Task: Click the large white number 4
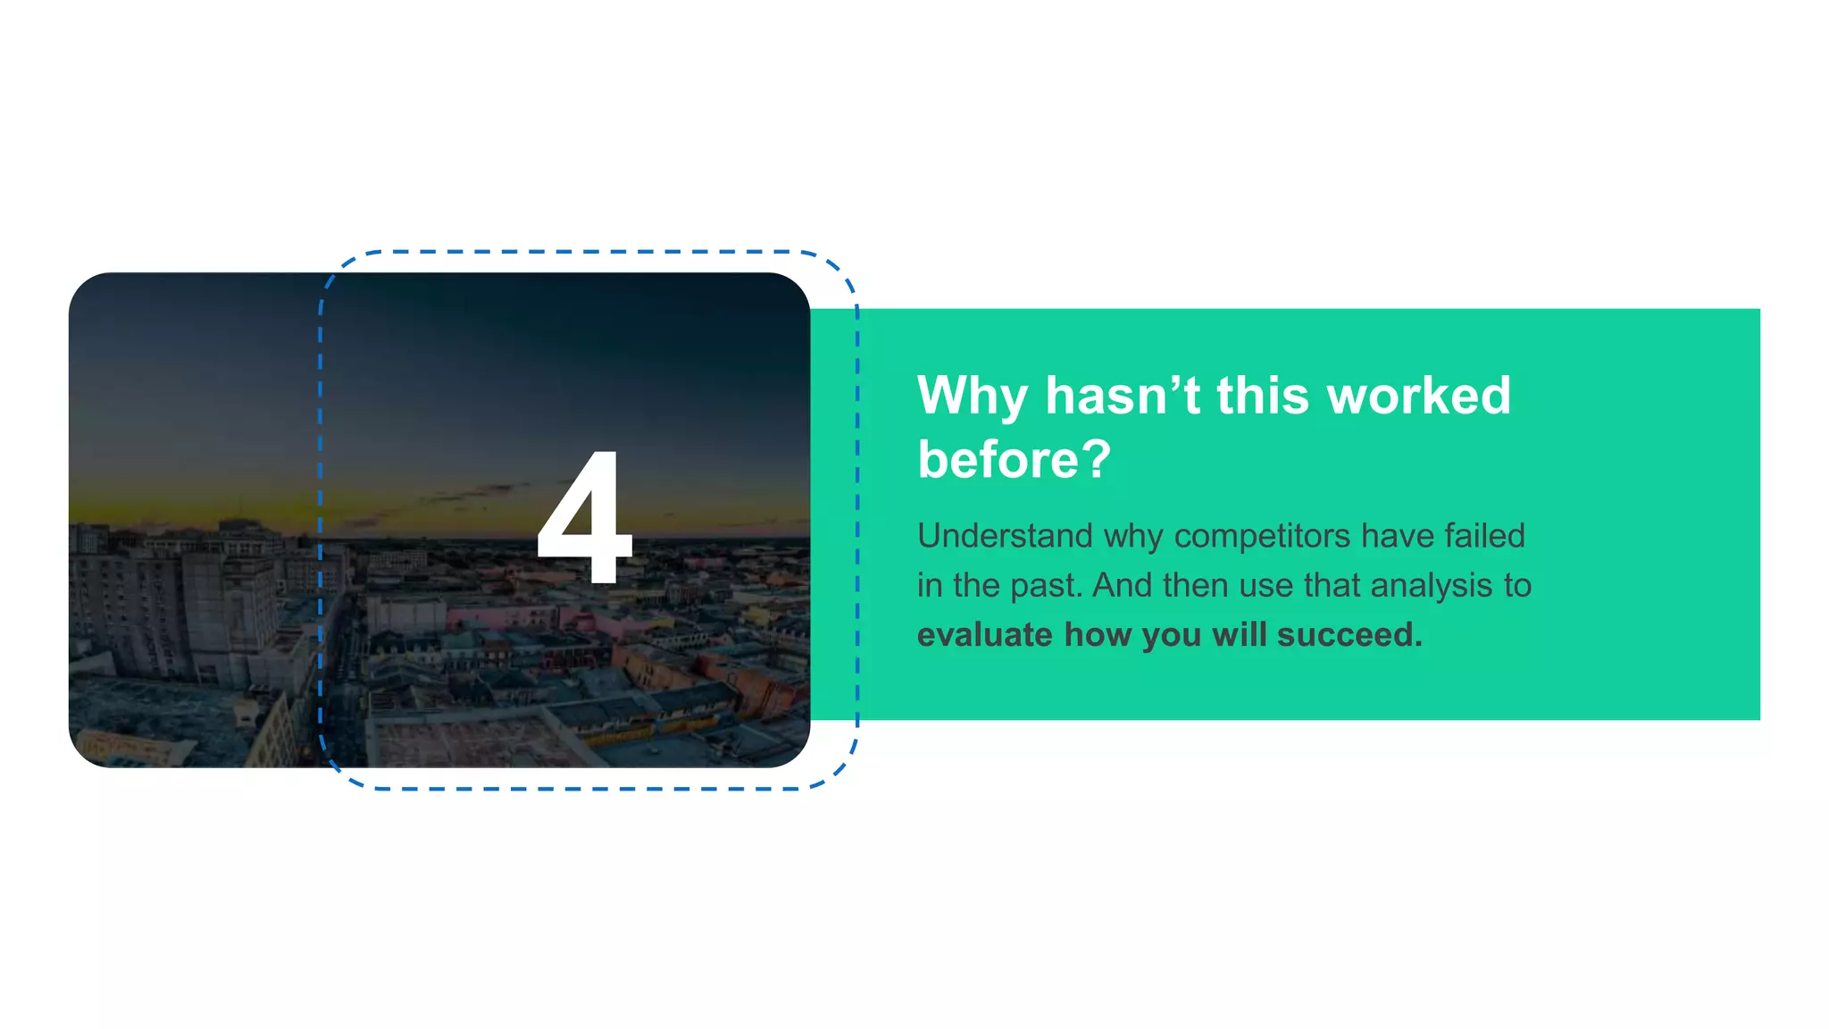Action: pyautogui.click(x=585, y=518)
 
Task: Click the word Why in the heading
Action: pyautogui.click(x=972, y=396)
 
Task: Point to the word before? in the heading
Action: pyautogui.click(x=1015, y=460)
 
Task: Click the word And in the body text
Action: pyautogui.click(x=1122, y=586)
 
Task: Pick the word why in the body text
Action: pyautogui.click(x=1134, y=536)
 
